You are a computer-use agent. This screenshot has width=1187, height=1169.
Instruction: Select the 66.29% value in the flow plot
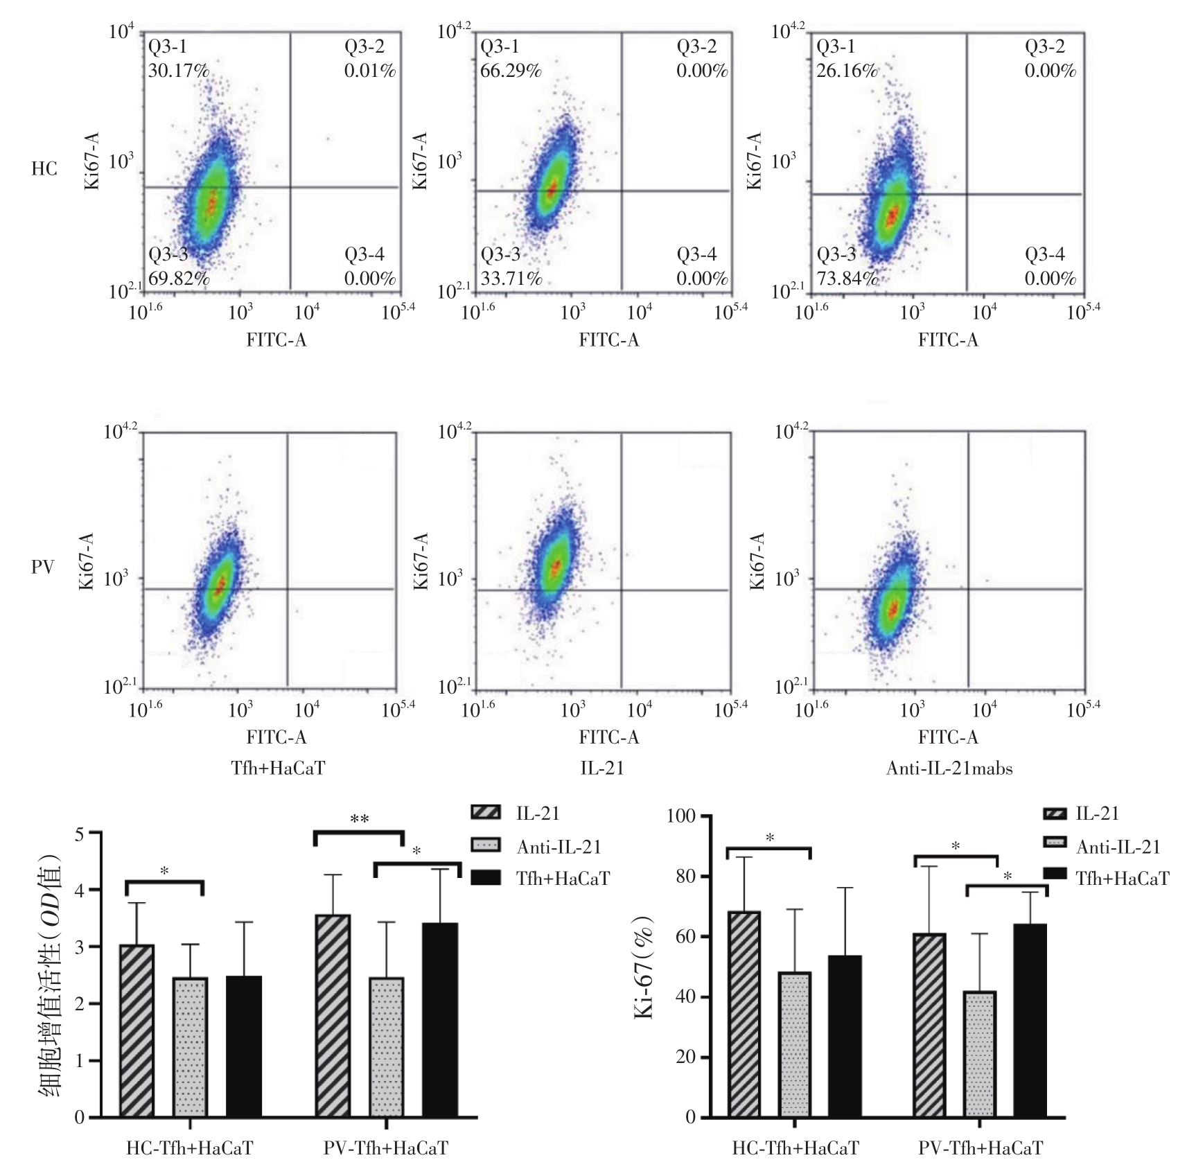click(x=511, y=71)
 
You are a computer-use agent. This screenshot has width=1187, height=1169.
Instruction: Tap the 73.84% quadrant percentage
click(x=847, y=279)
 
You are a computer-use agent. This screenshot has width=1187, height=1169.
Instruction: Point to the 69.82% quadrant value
click(x=178, y=279)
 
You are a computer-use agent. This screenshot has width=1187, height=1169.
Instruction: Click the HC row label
click(x=44, y=169)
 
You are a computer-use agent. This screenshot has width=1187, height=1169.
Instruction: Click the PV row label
click(x=43, y=567)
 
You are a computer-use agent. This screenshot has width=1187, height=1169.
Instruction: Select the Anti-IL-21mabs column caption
click(x=949, y=768)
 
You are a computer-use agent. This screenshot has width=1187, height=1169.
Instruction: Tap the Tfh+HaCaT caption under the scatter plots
click(x=277, y=768)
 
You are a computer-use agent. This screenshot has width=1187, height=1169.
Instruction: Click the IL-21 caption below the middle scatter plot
click(x=601, y=768)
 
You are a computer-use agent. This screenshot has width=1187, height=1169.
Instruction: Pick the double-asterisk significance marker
click(x=359, y=820)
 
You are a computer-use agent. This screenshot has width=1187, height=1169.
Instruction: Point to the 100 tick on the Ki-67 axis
click(x=680, y=816)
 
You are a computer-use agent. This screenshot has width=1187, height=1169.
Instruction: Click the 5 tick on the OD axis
click(x=79, y=834)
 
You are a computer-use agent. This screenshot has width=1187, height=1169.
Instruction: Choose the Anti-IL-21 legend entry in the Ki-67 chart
click(x=1118, y=847)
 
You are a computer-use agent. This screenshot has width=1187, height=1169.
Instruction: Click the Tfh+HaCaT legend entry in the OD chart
click(x=563, y=879)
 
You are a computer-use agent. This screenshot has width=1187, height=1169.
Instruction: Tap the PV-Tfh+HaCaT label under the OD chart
click(x=386, y=1149)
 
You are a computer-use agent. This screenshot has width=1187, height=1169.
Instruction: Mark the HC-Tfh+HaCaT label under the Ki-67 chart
click(x=795, y=1149)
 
